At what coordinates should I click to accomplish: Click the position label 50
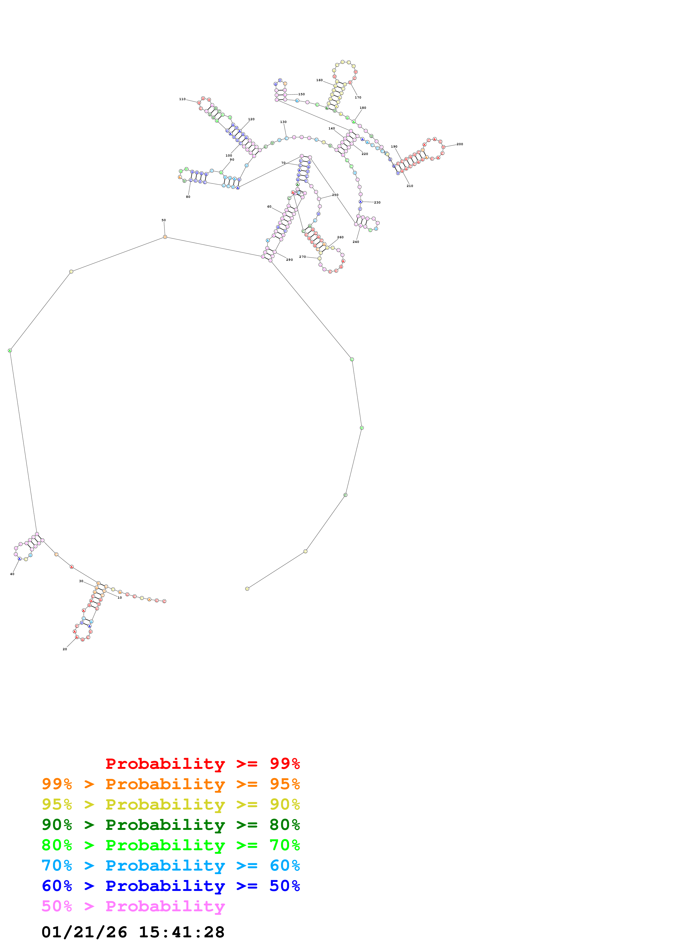click(163, 220)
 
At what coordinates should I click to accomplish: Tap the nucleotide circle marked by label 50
click(165, 237)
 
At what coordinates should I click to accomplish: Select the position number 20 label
click(65, 649)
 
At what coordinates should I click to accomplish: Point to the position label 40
click(12, 574)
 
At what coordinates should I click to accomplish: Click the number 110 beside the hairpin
click(182, 99)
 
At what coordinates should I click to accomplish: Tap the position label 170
click(358, 97)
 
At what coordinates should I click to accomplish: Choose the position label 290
click(289, 259)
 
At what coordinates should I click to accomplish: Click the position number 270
click(302, 257)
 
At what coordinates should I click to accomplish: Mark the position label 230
click(377, 202)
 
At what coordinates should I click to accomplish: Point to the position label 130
click(283, 122)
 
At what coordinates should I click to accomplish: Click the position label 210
click(410, 186)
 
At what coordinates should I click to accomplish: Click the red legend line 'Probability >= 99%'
click(202, 763)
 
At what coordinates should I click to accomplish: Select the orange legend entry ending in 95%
click(171, 784)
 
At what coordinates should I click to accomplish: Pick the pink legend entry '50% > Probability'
click(133, 906)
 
